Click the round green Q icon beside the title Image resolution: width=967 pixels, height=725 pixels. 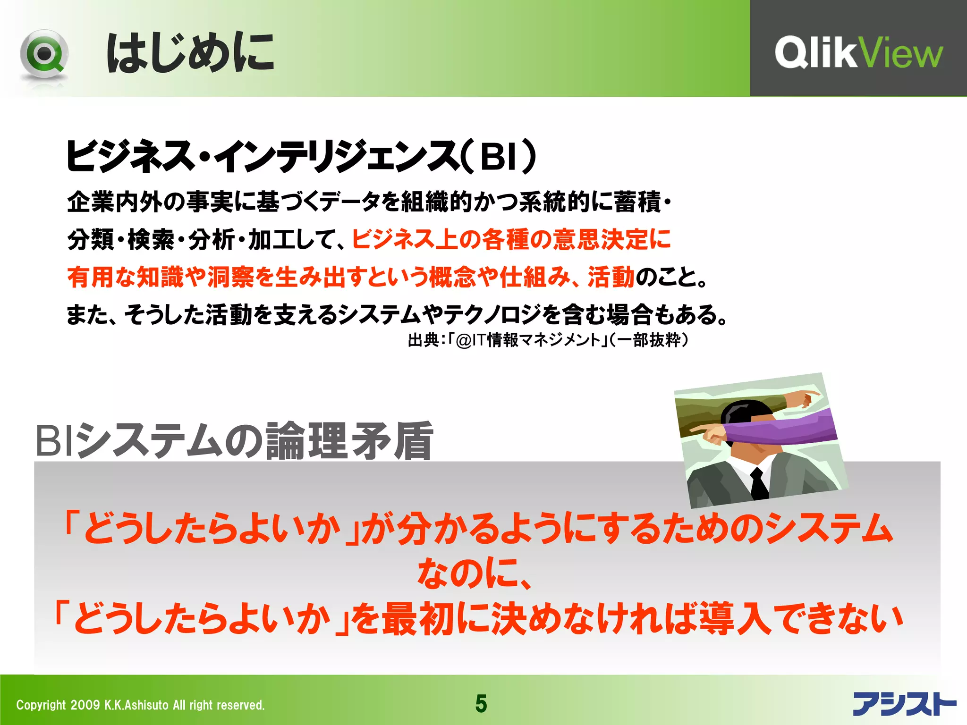[x=44, y=55]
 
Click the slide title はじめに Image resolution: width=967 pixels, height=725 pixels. [x=190, y=53]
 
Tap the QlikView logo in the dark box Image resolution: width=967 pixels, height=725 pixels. [x=858, y=53]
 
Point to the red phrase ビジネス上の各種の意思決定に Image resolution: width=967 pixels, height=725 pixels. [x=511, y=239]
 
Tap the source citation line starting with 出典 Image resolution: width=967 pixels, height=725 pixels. [x=548, y=340]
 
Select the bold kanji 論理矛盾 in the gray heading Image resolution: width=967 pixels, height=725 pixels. [x=349, y=441]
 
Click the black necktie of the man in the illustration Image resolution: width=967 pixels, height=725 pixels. [x=758, y=484]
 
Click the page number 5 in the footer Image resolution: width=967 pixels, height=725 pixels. [x=481, y=704]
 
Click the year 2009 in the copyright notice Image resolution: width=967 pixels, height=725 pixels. [x=85, y=705]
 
